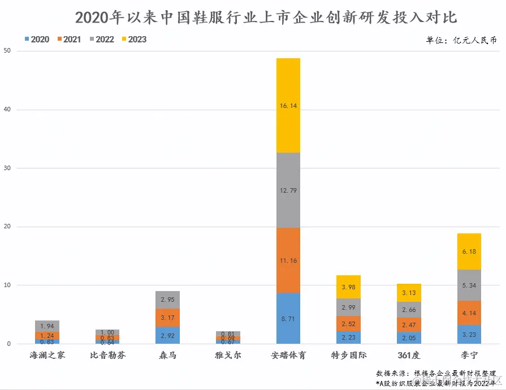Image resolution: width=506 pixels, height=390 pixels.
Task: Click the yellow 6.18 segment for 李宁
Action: (x=469, y=252)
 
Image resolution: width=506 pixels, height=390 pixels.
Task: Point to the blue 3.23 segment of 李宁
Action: (x=469, y=334)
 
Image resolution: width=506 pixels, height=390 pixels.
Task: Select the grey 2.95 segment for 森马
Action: (x=167, y=300)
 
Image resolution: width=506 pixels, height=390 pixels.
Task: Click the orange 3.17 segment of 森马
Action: (x=167, y=317)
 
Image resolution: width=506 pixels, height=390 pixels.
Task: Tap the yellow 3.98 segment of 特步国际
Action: (x=348, y=287)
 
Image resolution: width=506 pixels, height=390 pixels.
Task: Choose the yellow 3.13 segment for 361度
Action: (x=409, y=292)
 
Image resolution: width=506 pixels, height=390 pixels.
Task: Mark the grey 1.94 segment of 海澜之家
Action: (x=47, y=326)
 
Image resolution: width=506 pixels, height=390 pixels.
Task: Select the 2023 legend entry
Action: (x=133, y=40)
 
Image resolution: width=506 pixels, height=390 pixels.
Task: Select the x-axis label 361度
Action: (x=409, y=356)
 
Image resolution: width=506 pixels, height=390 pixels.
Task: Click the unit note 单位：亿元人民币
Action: (x=461, y=41)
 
